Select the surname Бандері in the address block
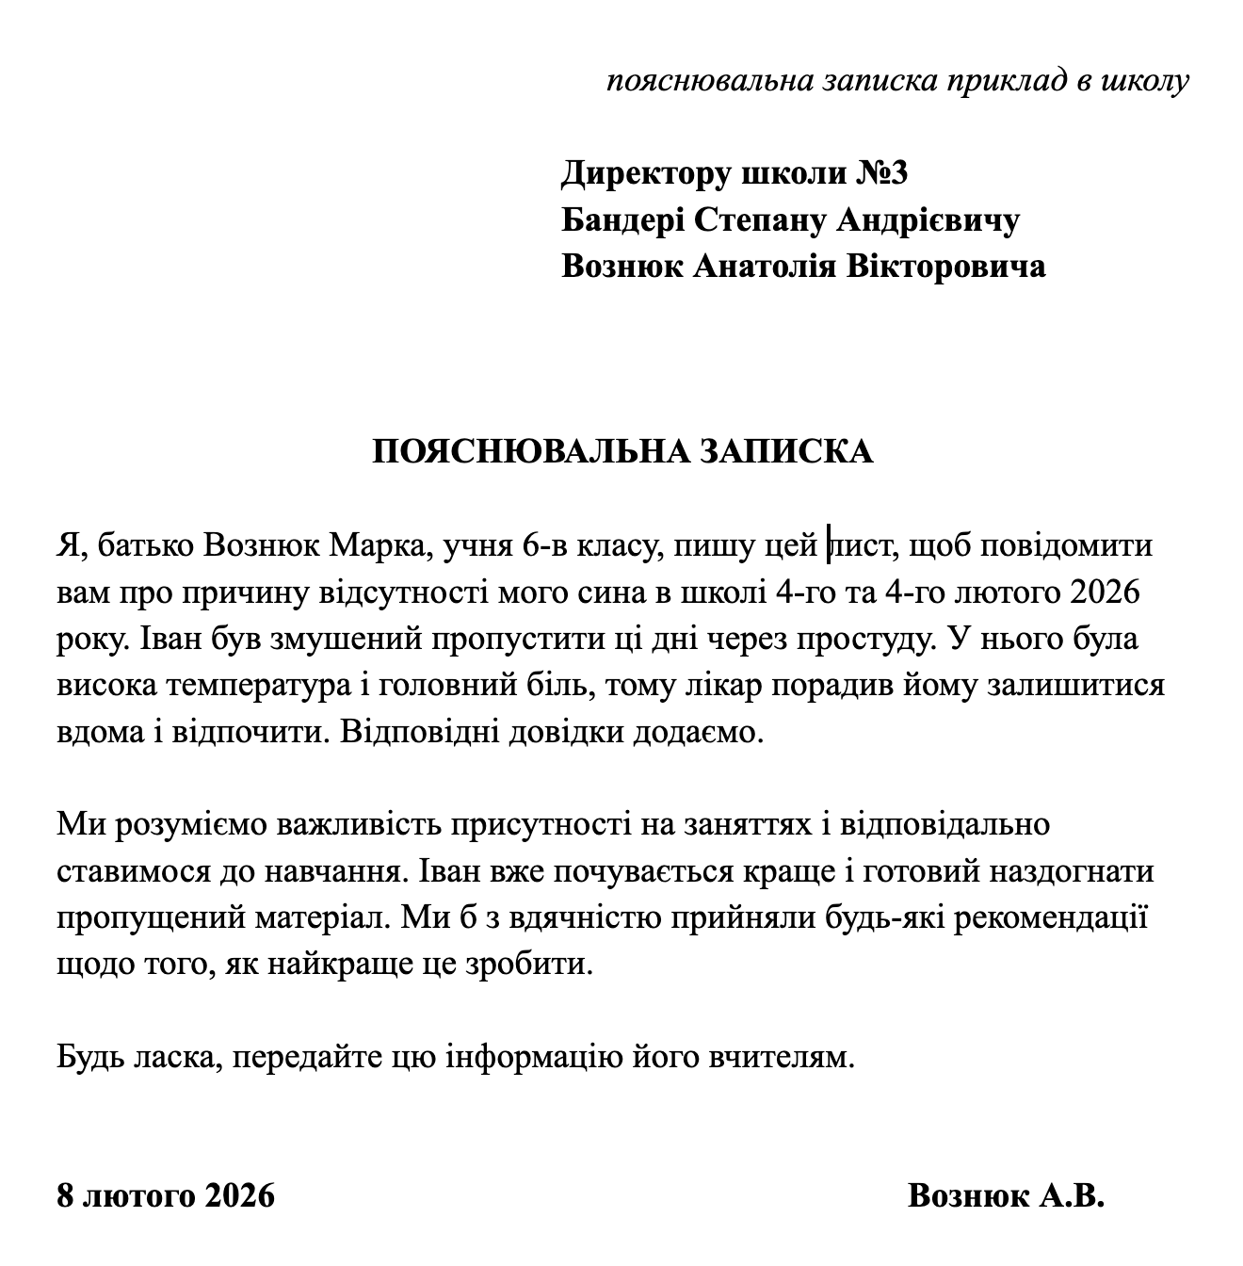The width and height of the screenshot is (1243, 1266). point(622,220)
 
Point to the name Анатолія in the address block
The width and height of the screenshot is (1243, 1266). point(765,267)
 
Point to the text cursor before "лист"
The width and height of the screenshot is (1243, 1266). point(829,546)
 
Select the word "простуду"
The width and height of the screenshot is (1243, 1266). point(857,640)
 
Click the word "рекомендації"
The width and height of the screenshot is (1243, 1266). point(1051,918)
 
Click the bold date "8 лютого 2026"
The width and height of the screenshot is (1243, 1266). point(167,1196)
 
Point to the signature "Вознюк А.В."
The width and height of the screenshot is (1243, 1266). point(1006,1196)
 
